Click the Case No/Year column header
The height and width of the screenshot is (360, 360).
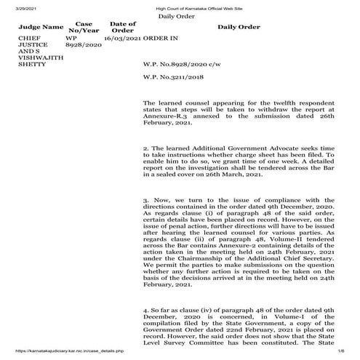(x=78, y=26)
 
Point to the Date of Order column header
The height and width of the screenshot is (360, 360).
(x=123, y=26)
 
